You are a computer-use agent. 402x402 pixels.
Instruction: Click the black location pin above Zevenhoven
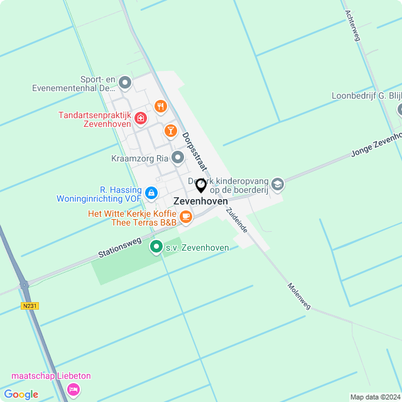click(x=201, y=185)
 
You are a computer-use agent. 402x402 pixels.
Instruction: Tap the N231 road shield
click(x=28, y=306)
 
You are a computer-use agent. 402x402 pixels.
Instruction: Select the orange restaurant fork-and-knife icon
click(x=160, y=106)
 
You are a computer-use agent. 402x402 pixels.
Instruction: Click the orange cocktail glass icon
click(x=170, y=130)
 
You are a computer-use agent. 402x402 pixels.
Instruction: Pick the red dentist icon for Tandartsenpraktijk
click(x=141, y=118)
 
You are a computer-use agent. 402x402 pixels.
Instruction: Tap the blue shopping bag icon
click(x=151, y=193)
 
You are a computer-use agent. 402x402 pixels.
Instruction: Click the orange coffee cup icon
click(x=185, y=217)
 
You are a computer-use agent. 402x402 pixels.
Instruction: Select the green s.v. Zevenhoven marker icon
click(x=156, y=247)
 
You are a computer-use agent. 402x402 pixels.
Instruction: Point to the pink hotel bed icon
click(x=74, y=389)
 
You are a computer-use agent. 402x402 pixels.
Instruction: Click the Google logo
click(x=21, y=394)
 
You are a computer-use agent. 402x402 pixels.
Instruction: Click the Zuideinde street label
click(x=237, y=220)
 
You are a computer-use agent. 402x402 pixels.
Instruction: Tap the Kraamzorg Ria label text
click(x=140, y=158)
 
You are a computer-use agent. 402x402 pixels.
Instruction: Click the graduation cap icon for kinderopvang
click(x=278, y=184)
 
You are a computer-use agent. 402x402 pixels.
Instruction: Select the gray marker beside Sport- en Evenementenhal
click(x=125, y=82)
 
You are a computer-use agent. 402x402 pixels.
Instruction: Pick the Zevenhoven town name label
click(x=200, y=201)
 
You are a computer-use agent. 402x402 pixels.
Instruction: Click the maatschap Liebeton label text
click(x=50, y=376)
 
